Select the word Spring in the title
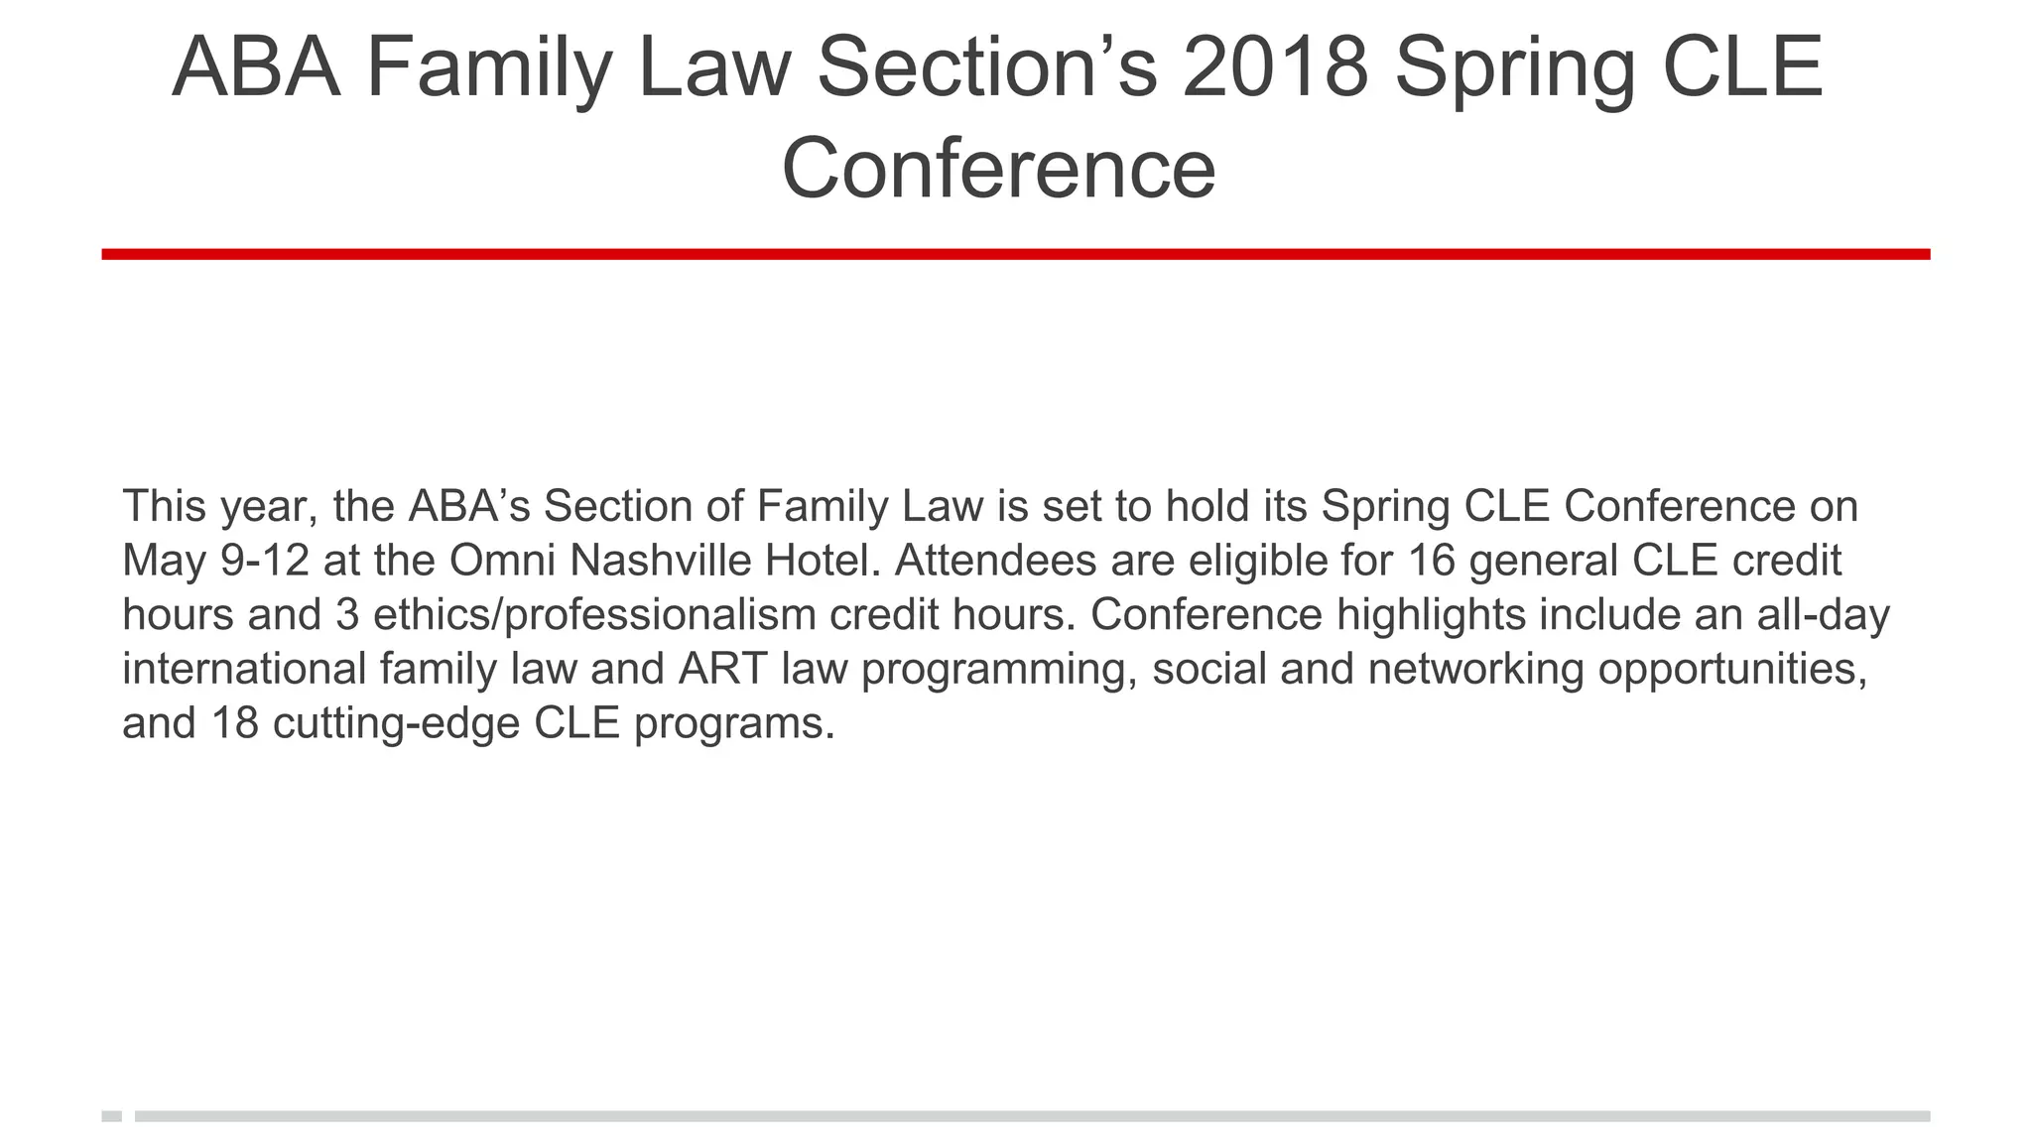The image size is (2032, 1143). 1514,67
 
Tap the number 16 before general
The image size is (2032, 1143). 1431,561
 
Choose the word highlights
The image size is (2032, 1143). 1431,615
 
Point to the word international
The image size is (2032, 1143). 244,669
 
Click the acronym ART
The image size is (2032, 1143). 722,669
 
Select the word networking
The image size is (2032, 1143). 1475,669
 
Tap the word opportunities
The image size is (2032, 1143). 1732,669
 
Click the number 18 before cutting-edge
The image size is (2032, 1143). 235,723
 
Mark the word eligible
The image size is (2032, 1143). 1257,561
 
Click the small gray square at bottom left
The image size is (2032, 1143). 111,1116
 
